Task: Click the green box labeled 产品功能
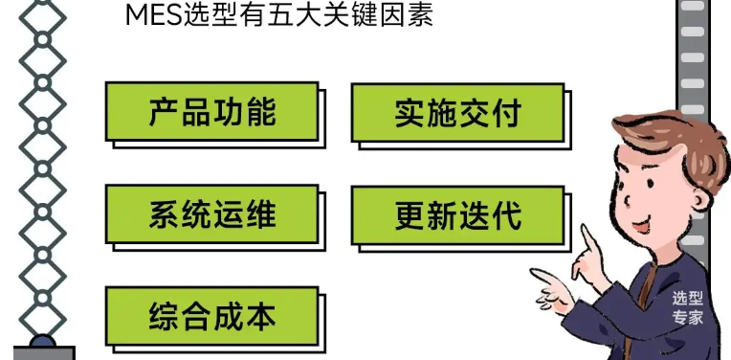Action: (211, 112)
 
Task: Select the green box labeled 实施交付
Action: (457, 113)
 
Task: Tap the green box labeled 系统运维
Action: (211, 214)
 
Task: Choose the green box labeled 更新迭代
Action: (457, 214)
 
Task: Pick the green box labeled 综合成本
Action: (211, 315)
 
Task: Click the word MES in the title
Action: (150, 15)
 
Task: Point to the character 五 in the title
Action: (287, 15)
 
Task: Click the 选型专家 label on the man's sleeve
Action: (687, 308)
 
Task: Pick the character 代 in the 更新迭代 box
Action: (506, 214)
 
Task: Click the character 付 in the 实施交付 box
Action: (506, 113)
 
